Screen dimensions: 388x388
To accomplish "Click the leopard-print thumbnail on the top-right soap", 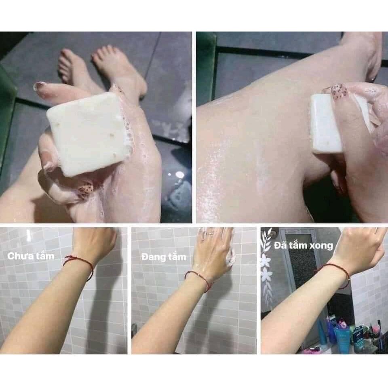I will [x=338, y=92].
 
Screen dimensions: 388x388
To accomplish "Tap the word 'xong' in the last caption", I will [x=322, y=245].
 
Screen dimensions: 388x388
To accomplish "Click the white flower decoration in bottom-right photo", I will [x=266, y=275].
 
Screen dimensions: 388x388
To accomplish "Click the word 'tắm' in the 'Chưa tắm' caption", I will [x=44, y=256].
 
